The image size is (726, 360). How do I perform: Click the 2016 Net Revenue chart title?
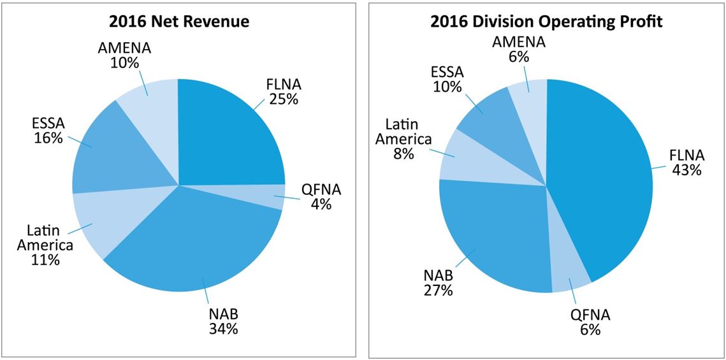click(x=178, y=21)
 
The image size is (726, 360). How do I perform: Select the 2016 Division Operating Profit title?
click(x=546, y=21)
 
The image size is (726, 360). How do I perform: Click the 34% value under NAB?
click(x=223, y=329)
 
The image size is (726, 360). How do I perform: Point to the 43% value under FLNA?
click(x=685, y=170)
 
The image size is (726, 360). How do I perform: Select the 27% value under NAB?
click(x=438, y=291)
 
